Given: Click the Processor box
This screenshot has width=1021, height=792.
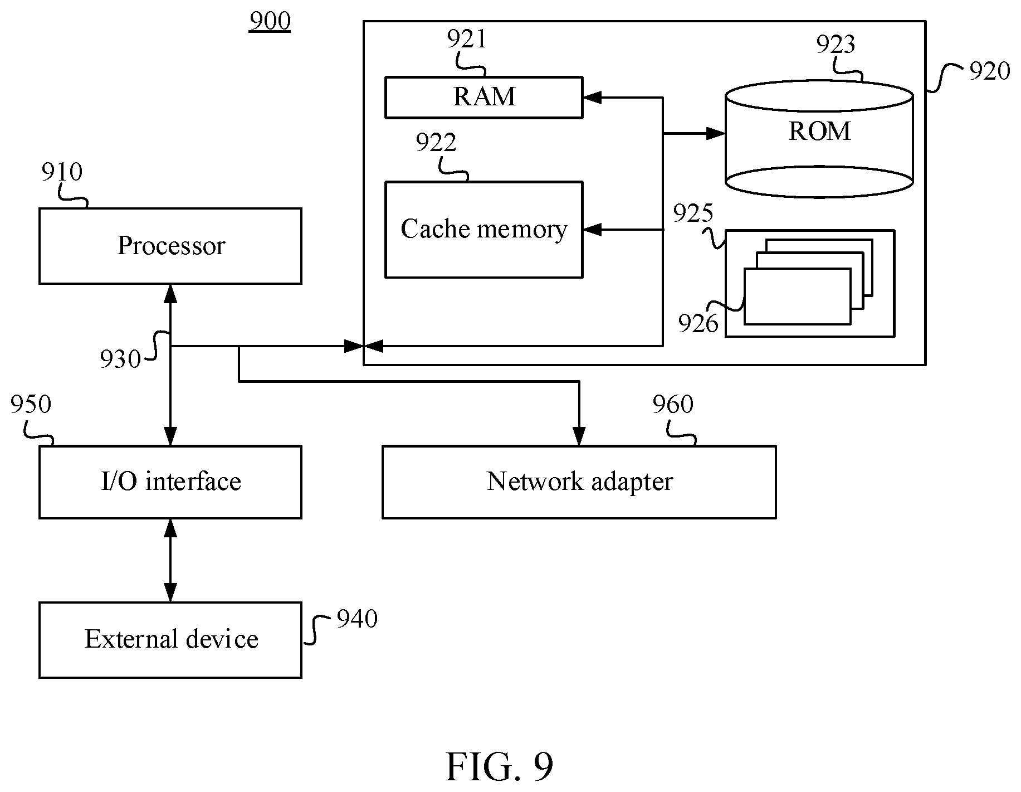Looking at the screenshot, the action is [x=170, y=246].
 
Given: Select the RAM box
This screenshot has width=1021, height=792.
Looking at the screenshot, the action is [x=483, y=97].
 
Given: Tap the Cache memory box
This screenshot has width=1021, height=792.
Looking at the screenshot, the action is [x=483, y=229].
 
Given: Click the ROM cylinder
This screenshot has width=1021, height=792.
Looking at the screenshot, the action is [x=819, y=139].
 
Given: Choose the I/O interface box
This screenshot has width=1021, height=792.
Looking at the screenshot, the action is [x=170, y=482].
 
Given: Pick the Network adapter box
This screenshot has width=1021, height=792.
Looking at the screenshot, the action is [x=579, y=482].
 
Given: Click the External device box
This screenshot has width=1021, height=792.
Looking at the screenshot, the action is [x=170, y=639].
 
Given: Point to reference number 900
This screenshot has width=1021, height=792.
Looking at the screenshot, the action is [x=270, y=21].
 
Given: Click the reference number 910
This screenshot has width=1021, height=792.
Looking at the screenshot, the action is [x=62, y=172].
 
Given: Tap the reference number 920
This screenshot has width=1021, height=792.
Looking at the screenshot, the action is [x=989, y=71].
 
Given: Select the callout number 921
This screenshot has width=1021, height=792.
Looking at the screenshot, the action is [x=467, y=39].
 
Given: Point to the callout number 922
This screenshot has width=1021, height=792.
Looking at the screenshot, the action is [x=436, y=143].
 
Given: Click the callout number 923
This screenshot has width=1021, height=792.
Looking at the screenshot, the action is [x=836, y=44].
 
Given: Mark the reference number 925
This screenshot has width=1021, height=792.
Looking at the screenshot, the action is [x=693, y=213].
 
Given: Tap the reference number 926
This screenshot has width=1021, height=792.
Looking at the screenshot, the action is [x=698, y=323].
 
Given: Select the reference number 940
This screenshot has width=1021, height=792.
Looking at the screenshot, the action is [x=357, y=619].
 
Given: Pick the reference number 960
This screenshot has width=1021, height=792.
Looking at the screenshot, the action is [x=673, y=405].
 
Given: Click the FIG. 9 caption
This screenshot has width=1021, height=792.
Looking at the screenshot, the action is [x=500, y=767].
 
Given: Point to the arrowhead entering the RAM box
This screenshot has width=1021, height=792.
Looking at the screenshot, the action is [x=592, y=98].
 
